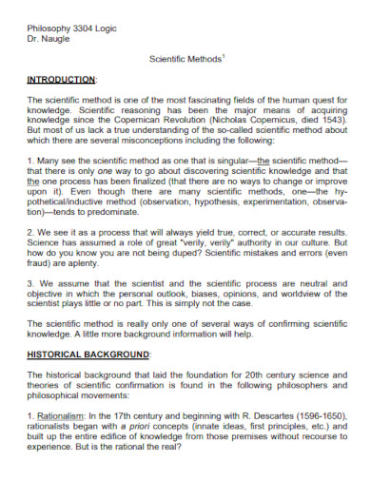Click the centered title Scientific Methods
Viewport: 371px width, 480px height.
pos(185,59)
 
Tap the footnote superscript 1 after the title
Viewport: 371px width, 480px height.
pos(223,56)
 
